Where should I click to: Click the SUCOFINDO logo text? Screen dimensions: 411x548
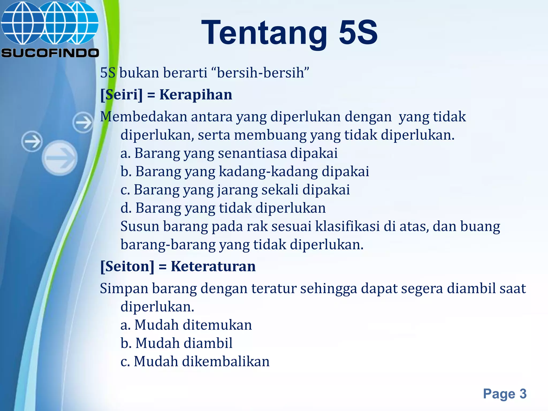pyautogui.click(x=50, y=53)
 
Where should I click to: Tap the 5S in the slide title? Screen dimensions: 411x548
pyautogui.click(x=358, y=33)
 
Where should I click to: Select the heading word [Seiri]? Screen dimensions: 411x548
pyautogui.click(x=121, y=95)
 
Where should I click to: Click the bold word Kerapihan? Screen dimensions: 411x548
pyautogui.click(x=196, y=95)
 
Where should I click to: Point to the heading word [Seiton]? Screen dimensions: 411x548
pyautogui.click(x=127, y=267)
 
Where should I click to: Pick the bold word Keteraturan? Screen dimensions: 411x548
pyautogui.click(x=213, y=267)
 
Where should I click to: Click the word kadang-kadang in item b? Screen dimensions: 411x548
pyautogui.click(x=269, y=172)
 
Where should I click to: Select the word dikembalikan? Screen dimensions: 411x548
pyautogui.click(x=226, y=361)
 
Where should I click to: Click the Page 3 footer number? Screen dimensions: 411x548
pyautogui.click(x=505, y=394)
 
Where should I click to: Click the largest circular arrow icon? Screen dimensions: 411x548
pyautogui.click(x=60, y=158)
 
